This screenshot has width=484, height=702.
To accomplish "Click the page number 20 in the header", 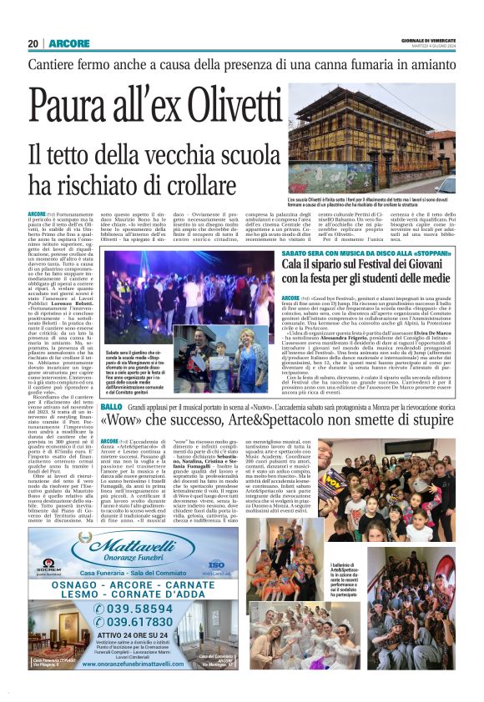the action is (33, 43).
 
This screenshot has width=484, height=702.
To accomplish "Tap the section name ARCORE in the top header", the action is (63, 43).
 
